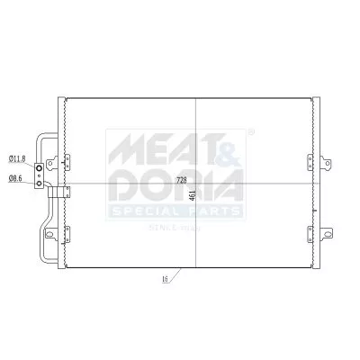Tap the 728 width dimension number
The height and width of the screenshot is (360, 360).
tap(181, 180)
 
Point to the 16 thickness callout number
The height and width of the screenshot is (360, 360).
tap(165, 281)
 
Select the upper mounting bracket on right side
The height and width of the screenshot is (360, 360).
tap(312, 161)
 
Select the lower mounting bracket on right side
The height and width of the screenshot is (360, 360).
tap(312, 235)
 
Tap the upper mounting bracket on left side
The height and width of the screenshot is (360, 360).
tap(63, 161)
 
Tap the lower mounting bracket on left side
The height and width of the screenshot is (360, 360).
tap(63, 235)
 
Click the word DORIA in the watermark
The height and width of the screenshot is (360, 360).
tap(175, 186)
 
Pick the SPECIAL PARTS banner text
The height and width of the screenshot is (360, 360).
tap(175, 212)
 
